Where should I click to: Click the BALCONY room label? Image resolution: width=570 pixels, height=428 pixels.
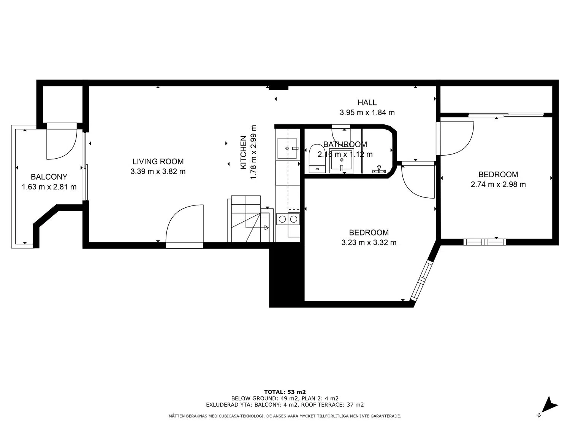tap(49, 177)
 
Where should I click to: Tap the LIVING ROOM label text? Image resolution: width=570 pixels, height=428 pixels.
tap(158, 161)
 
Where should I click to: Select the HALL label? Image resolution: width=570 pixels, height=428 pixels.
tap(367, 102)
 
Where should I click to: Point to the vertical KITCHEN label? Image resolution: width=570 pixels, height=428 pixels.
tap(243, 152)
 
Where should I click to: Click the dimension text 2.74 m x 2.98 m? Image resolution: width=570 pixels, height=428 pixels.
tap(498, 185)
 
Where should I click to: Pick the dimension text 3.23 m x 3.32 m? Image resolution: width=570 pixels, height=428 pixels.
tap(369, 242)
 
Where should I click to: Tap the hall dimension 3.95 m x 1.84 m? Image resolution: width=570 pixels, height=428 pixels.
tap(367, 113)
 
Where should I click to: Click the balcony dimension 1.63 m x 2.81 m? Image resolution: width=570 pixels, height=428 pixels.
tap(49, 187)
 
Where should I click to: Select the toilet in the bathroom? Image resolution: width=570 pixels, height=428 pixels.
tap(317, 159)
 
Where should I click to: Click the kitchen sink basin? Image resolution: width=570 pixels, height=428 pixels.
tap(287, 148)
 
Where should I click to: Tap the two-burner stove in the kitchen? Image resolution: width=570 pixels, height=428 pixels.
tap(288, 219)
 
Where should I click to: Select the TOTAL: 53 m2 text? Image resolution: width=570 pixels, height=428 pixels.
tap(285, 392)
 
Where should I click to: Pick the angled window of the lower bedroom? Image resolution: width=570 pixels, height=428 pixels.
tap(421, 280)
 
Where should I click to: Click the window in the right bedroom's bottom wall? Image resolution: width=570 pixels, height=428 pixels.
tap(484, 242)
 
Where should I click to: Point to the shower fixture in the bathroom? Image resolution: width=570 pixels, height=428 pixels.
tap(379, 169)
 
